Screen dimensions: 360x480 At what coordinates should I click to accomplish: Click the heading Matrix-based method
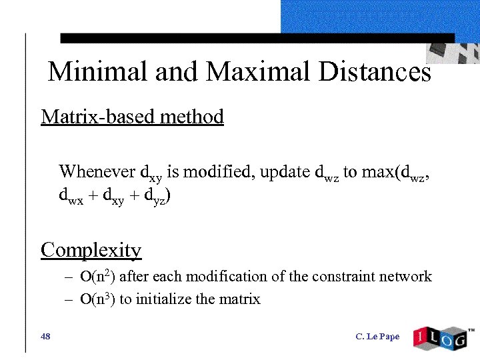point(132,117)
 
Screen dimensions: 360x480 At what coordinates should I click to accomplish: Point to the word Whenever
point(97,171)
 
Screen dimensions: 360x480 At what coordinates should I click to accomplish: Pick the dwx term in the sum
point(71,198)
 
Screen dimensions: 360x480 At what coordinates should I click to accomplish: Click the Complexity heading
point(91,250)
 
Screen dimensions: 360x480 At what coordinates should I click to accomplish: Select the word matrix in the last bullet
point(240,299)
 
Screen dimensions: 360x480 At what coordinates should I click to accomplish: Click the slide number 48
point(45,337)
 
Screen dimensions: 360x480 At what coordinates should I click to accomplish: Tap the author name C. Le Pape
point(377,337)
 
